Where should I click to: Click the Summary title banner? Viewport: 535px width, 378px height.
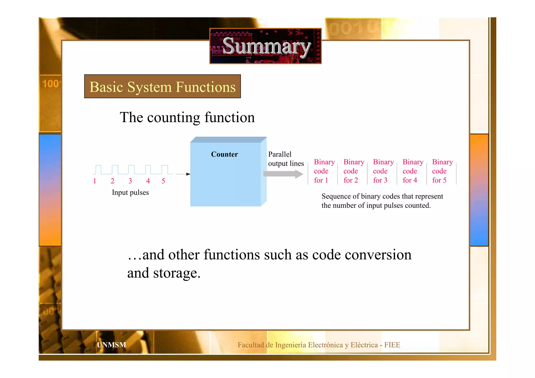[x=265, y=46]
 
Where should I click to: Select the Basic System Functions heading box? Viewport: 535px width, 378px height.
[x=162, y=86]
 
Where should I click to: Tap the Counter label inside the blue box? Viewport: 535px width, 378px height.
[x=224, y=154]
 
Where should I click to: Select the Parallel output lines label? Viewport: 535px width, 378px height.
[x=286, y=159]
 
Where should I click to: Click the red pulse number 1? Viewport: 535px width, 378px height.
[x=95, y=181]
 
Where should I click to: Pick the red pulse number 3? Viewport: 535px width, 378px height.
[x=130, y=181]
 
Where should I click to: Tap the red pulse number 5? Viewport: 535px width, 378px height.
[x=163, y=181]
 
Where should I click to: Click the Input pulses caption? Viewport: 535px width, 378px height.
[x=130, y=193]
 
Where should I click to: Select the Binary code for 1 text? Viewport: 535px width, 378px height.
[x=323, y=171]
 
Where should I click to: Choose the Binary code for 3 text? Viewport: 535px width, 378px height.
[x=382, y=171]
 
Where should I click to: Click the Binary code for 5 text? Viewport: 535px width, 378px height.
[x=442, y=171]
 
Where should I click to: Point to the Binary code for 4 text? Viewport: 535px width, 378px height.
[x=412, y=171]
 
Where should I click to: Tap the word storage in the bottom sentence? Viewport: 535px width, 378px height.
[x=177, y=273]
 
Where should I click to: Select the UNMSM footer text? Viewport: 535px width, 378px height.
[x=111, y=345]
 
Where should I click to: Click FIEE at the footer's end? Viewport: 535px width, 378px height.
[x=392, y=345]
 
